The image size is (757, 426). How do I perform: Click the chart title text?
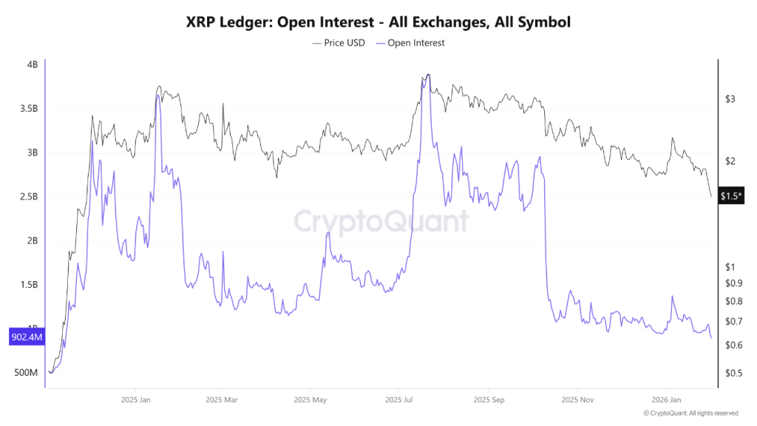(378, 22)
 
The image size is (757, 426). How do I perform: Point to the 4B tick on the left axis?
(32, 65)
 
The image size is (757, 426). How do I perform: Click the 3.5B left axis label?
(28, 109)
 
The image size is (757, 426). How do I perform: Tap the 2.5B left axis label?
(28, 197)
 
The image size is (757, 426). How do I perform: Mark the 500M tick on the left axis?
(26, 373)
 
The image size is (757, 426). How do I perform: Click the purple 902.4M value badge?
(26, 338)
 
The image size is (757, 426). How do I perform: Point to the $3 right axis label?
(730, 99)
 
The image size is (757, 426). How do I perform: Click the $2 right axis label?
(730, 161)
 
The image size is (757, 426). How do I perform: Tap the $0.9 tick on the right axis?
(733, 283)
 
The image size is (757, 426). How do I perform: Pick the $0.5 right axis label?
(733, 373)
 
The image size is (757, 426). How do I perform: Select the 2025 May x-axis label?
(310, 399)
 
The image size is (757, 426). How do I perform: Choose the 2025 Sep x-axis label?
(488, 399)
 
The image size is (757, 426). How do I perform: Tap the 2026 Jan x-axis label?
(665, 399)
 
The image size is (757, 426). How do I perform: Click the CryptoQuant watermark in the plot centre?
(381, 221)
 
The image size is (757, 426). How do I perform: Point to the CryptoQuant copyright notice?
(690, 413)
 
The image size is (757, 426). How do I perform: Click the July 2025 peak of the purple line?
(428, 75)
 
